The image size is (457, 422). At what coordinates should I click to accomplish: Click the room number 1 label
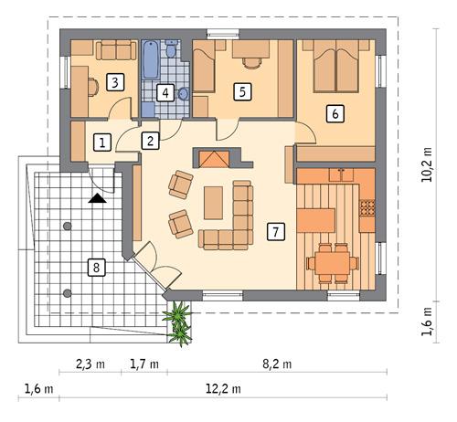pos(102,142)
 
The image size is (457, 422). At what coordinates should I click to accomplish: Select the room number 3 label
pos(114,82)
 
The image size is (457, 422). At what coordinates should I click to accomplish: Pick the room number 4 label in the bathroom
pos(165,92)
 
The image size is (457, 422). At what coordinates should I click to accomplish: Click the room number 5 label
pos(242,91)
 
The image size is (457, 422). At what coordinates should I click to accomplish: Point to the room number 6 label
pos(335,113)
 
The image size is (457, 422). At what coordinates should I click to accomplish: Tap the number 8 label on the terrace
pos(93,267)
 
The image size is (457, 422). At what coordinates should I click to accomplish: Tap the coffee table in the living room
pos(214,203)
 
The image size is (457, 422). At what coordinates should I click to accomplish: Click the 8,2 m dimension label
pos(276,364)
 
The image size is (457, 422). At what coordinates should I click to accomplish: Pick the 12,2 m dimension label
pos(222,389)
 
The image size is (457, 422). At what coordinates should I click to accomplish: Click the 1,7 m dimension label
pos(145,364)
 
